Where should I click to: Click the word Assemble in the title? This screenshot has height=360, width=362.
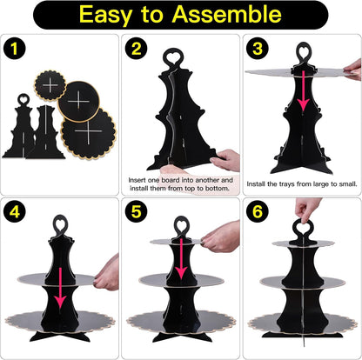click(x=226, y=14)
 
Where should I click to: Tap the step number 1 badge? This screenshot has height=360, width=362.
click(x=15, y=49)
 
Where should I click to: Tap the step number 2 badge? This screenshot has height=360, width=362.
click(x=136, y=49)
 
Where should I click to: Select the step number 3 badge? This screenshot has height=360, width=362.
click(x=258, y=49)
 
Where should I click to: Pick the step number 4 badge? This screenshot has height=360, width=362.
click(x=15, y=212)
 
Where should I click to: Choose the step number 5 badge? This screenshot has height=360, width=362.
click(x=136, y=212)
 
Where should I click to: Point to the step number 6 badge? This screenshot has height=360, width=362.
click(x=258, y=212)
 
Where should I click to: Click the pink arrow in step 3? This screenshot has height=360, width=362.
click(x=304, y=90)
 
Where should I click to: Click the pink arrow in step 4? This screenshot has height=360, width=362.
click(x=60, y=288)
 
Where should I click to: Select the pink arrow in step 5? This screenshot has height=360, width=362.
click(x=181, y=258)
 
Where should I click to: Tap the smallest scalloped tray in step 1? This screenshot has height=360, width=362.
click(x=50, y=85)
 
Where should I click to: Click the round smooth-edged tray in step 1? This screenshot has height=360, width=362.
click(x=78, y=102)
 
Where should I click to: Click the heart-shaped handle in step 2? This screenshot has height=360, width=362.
click(x=173, y=57)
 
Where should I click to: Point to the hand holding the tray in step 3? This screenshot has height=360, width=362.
click(x=352, y=70)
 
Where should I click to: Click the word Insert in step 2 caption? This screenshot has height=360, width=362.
click(x=137, y=180)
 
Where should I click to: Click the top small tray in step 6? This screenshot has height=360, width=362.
click(x=303, y=243)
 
